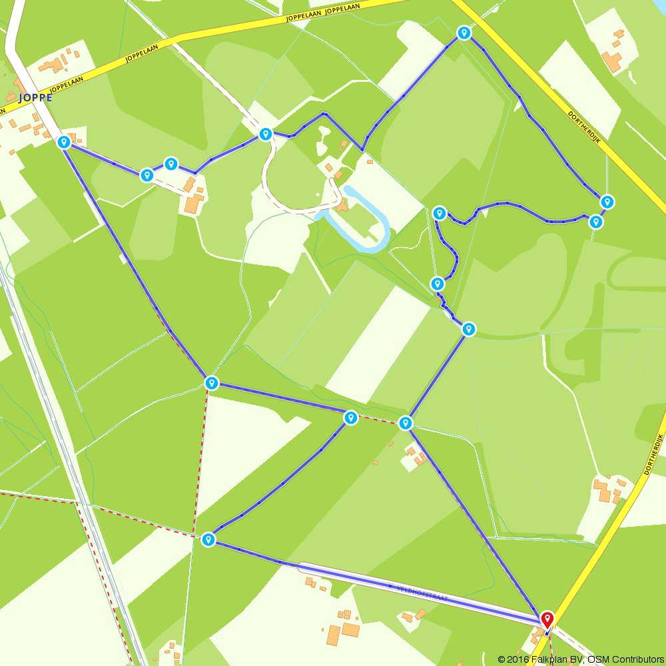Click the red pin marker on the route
tap(547, 619)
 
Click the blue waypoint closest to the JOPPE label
tap(64, 142)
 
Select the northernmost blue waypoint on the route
tap(464, 33)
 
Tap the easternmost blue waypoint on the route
tap(607, 201)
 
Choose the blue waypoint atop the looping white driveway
tap(266, 135)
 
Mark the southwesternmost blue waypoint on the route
tap(208, 539)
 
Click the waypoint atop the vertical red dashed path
tap(212, 383)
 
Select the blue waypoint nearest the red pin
tap(405, 423)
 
